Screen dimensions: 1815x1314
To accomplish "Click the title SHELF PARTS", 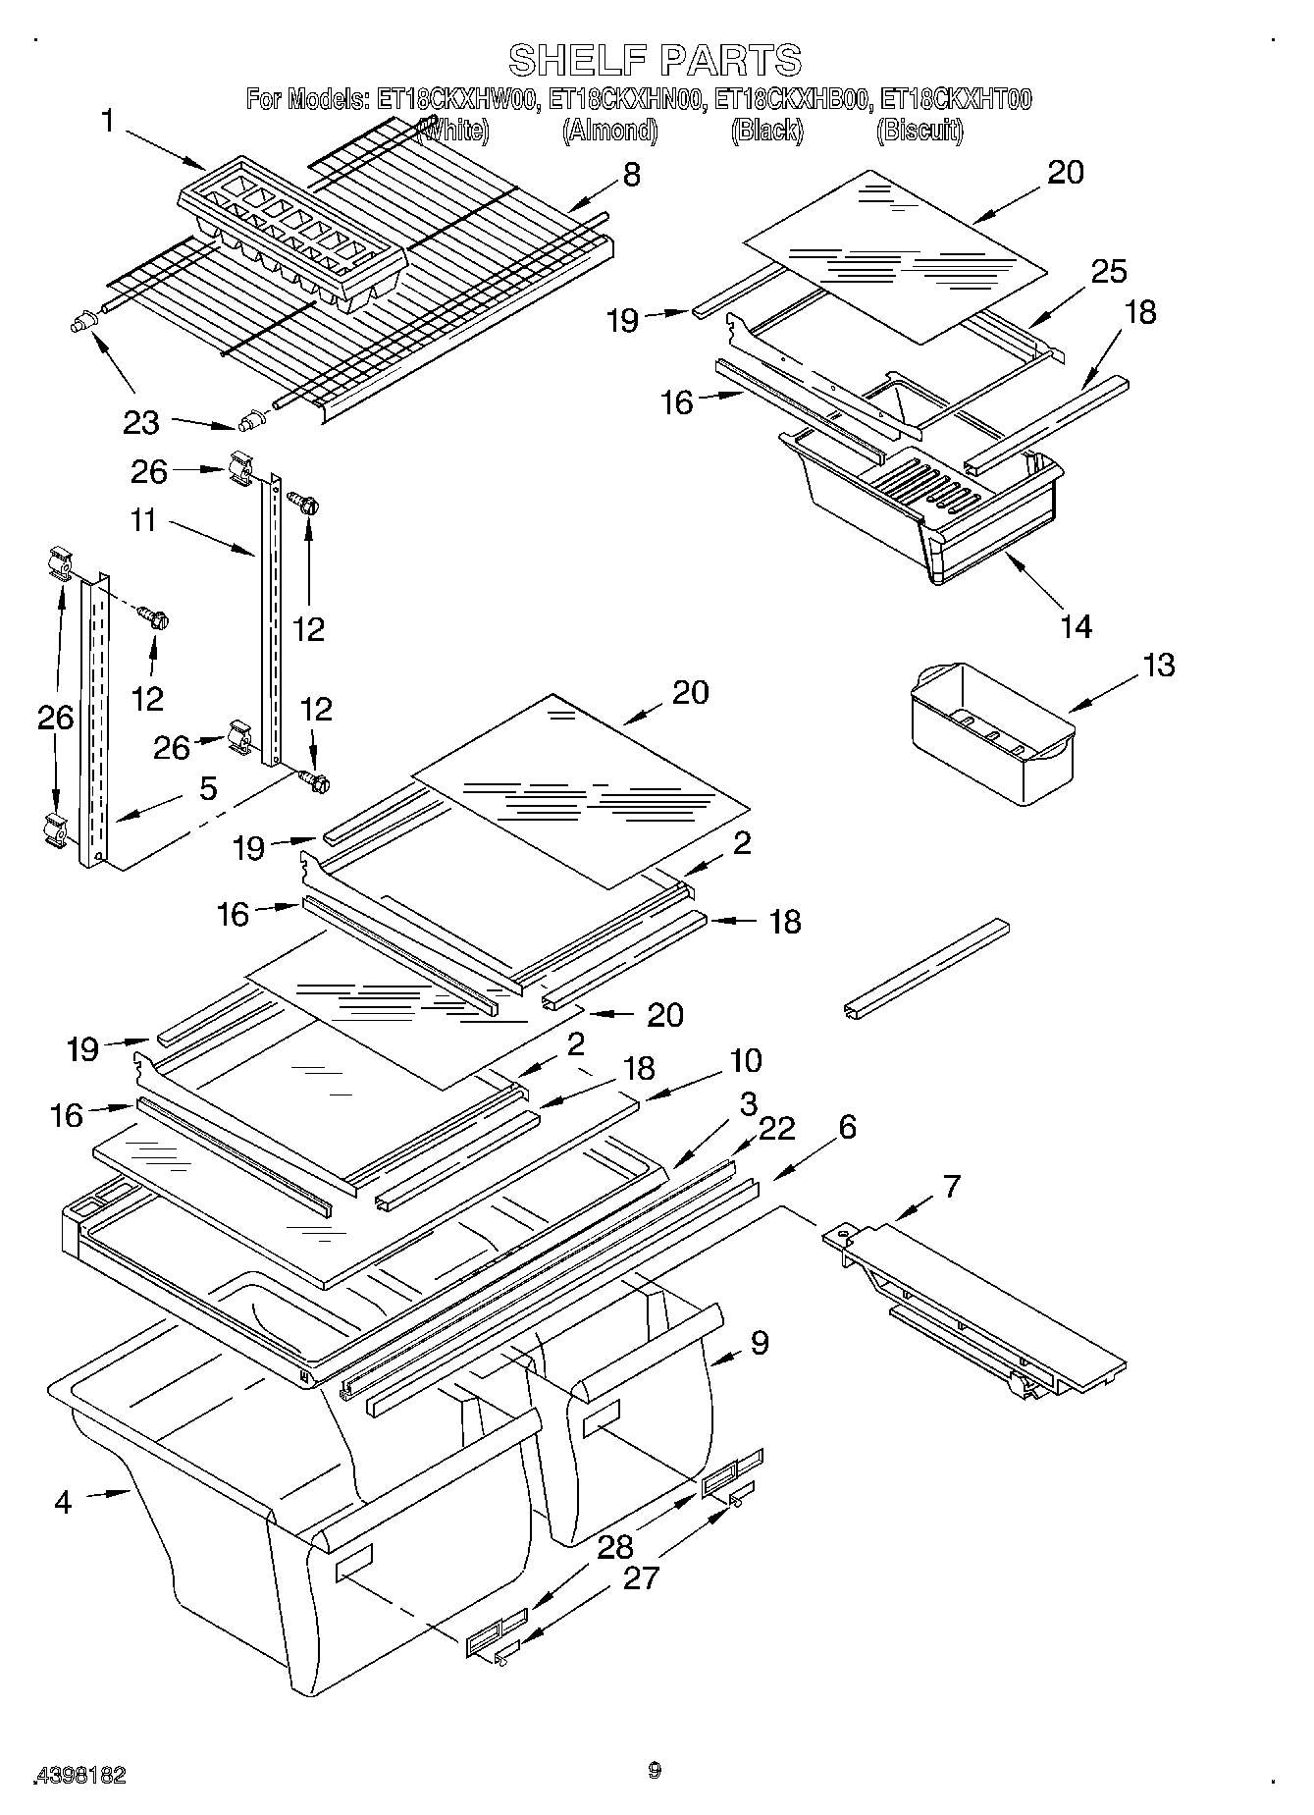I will point(655,60).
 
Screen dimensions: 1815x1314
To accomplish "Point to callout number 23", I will point(141,423).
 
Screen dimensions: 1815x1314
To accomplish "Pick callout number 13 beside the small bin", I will point(1159,665).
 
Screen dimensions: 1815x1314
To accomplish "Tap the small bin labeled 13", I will point(991,733).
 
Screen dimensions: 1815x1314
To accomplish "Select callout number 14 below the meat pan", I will point(1077,626).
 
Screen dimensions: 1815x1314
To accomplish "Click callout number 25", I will point(1109,271).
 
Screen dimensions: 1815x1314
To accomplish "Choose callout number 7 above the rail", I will point(951,1187).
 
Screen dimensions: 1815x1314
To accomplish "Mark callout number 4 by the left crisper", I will point(63,1502).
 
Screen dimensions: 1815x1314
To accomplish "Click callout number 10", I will point(746,1061).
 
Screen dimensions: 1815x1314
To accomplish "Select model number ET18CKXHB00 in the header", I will point(791,99).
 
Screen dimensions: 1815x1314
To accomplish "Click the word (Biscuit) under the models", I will point(919,130).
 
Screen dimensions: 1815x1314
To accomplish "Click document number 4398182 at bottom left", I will point(81,1775).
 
